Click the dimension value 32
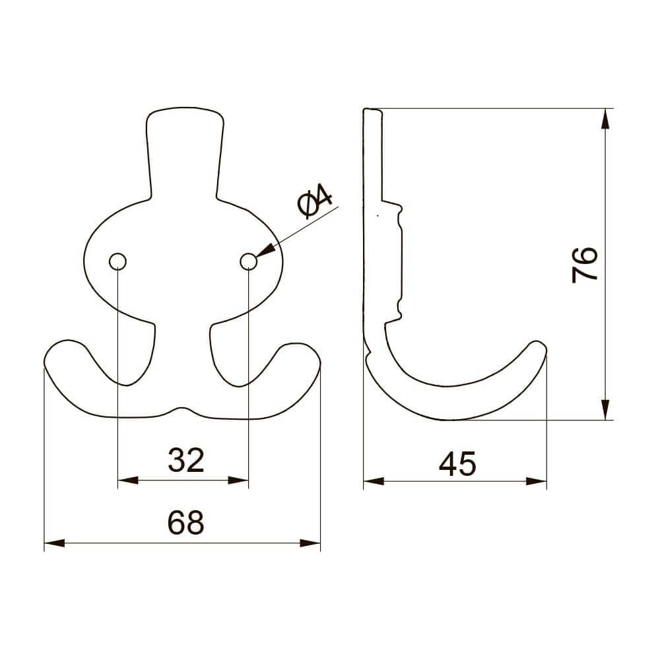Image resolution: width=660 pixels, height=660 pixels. coord(185,460)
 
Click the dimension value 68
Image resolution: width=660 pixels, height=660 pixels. coord(185,523)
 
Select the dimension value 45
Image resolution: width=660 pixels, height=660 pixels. coord(457,465)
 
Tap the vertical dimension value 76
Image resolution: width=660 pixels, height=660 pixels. coord(585,265)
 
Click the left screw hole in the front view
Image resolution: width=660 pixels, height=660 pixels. coord(117,262)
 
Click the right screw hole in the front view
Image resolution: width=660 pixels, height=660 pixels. coord(248,262)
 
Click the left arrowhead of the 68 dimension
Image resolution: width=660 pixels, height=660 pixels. coord(53,544)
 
